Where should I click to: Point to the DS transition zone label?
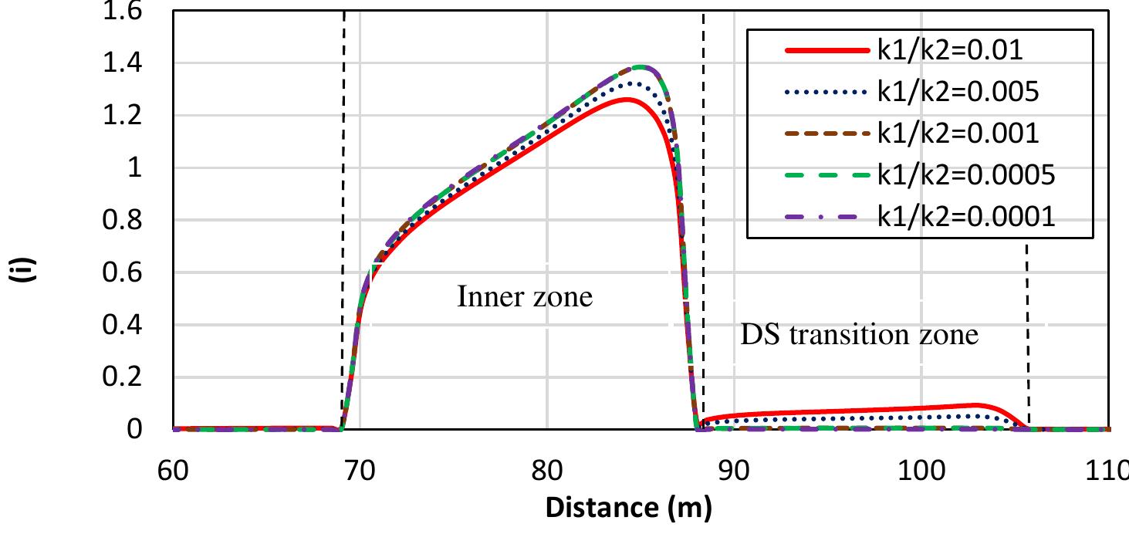point(859,335)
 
